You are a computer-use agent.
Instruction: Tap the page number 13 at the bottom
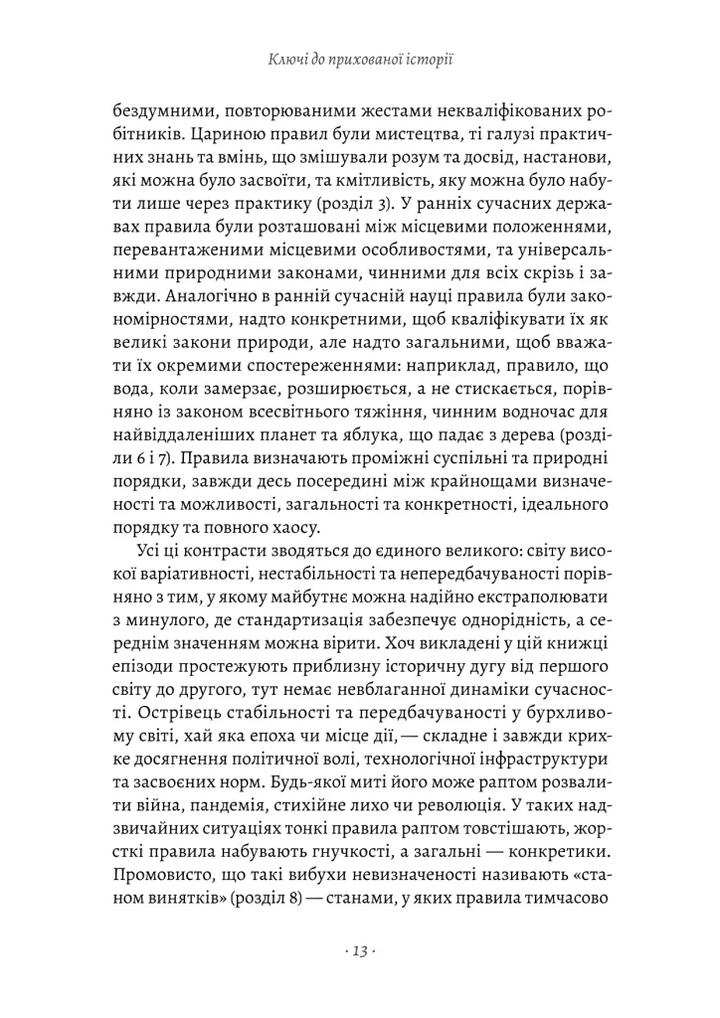point(359,951)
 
